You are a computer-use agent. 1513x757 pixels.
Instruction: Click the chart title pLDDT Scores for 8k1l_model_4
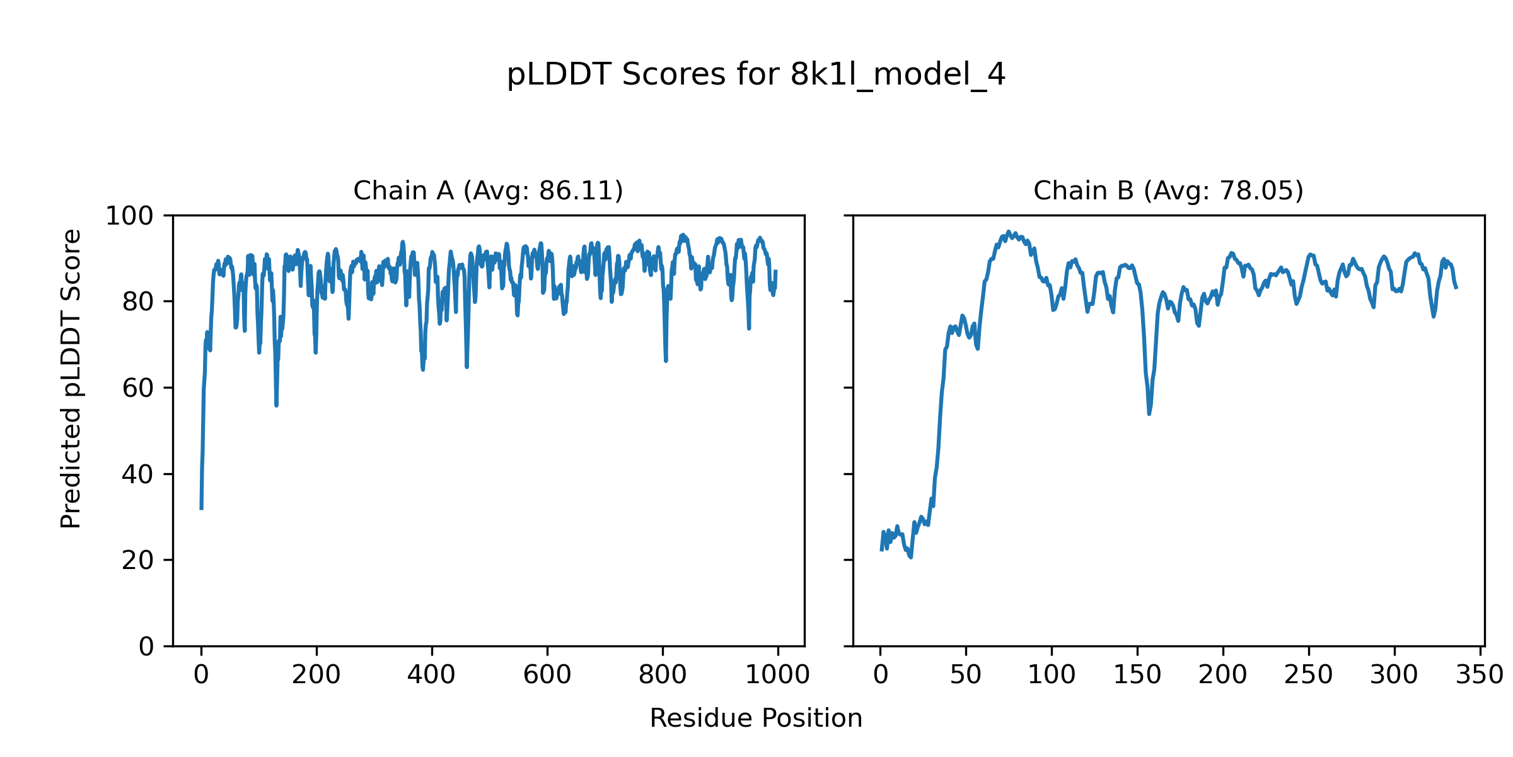point(756,75)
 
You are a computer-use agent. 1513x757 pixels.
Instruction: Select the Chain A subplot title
point(488,191)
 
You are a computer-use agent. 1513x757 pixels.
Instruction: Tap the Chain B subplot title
point(1168,191)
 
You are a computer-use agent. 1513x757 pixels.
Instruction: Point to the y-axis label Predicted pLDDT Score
point(71,378)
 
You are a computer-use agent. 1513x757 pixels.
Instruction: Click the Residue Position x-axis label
point(756,719)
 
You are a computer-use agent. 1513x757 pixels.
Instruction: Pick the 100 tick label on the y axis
point(129,216)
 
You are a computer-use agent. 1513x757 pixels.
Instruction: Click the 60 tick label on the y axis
point(138,389)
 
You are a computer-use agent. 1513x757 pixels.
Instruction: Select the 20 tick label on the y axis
point(138,560)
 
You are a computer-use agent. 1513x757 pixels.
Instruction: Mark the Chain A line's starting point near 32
point(201,508)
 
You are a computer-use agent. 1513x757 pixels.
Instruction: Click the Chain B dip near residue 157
point(1149,414)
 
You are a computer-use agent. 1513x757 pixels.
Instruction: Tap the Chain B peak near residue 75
point(1009,232)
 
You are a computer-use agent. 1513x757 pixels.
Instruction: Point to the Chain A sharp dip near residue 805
point(666,361)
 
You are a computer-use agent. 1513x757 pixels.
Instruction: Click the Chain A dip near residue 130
point(276,405)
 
